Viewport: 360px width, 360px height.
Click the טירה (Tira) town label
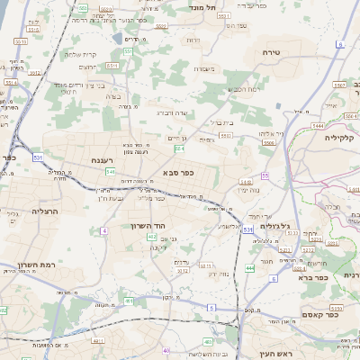[271, 52]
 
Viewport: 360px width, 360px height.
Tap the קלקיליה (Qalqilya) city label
[342, 138]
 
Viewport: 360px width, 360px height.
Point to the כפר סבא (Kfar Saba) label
[177, 172]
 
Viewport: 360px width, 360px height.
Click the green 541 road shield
[110, 170]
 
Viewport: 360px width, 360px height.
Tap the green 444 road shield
[249, 268]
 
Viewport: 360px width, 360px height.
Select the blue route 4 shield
[104, 231]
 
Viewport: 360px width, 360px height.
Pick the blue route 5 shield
[211, 308]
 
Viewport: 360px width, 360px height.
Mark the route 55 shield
[265, 175]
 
